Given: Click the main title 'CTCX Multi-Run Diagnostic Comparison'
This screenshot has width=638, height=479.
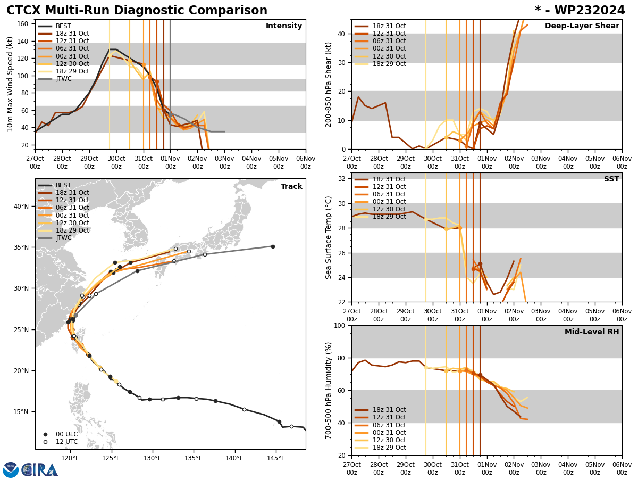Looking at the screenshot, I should coord(137,11).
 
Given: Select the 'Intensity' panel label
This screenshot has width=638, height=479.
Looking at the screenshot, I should coord(284,26).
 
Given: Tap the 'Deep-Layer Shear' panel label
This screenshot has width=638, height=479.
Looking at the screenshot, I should coord(582,26).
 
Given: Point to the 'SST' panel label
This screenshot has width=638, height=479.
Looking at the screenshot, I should coord(611,179).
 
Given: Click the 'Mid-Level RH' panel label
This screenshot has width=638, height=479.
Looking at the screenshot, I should coord(591,332).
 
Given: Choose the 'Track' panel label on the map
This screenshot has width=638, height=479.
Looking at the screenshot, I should coord(291,187).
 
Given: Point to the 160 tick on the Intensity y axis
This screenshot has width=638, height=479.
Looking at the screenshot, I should coord(24,23).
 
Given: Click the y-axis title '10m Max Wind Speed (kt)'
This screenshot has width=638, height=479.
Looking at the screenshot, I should coord(10,84).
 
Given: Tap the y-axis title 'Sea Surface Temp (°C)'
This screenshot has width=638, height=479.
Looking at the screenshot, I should coord(329,237).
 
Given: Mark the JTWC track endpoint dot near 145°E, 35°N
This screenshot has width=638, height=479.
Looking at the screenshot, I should coord(273,246).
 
